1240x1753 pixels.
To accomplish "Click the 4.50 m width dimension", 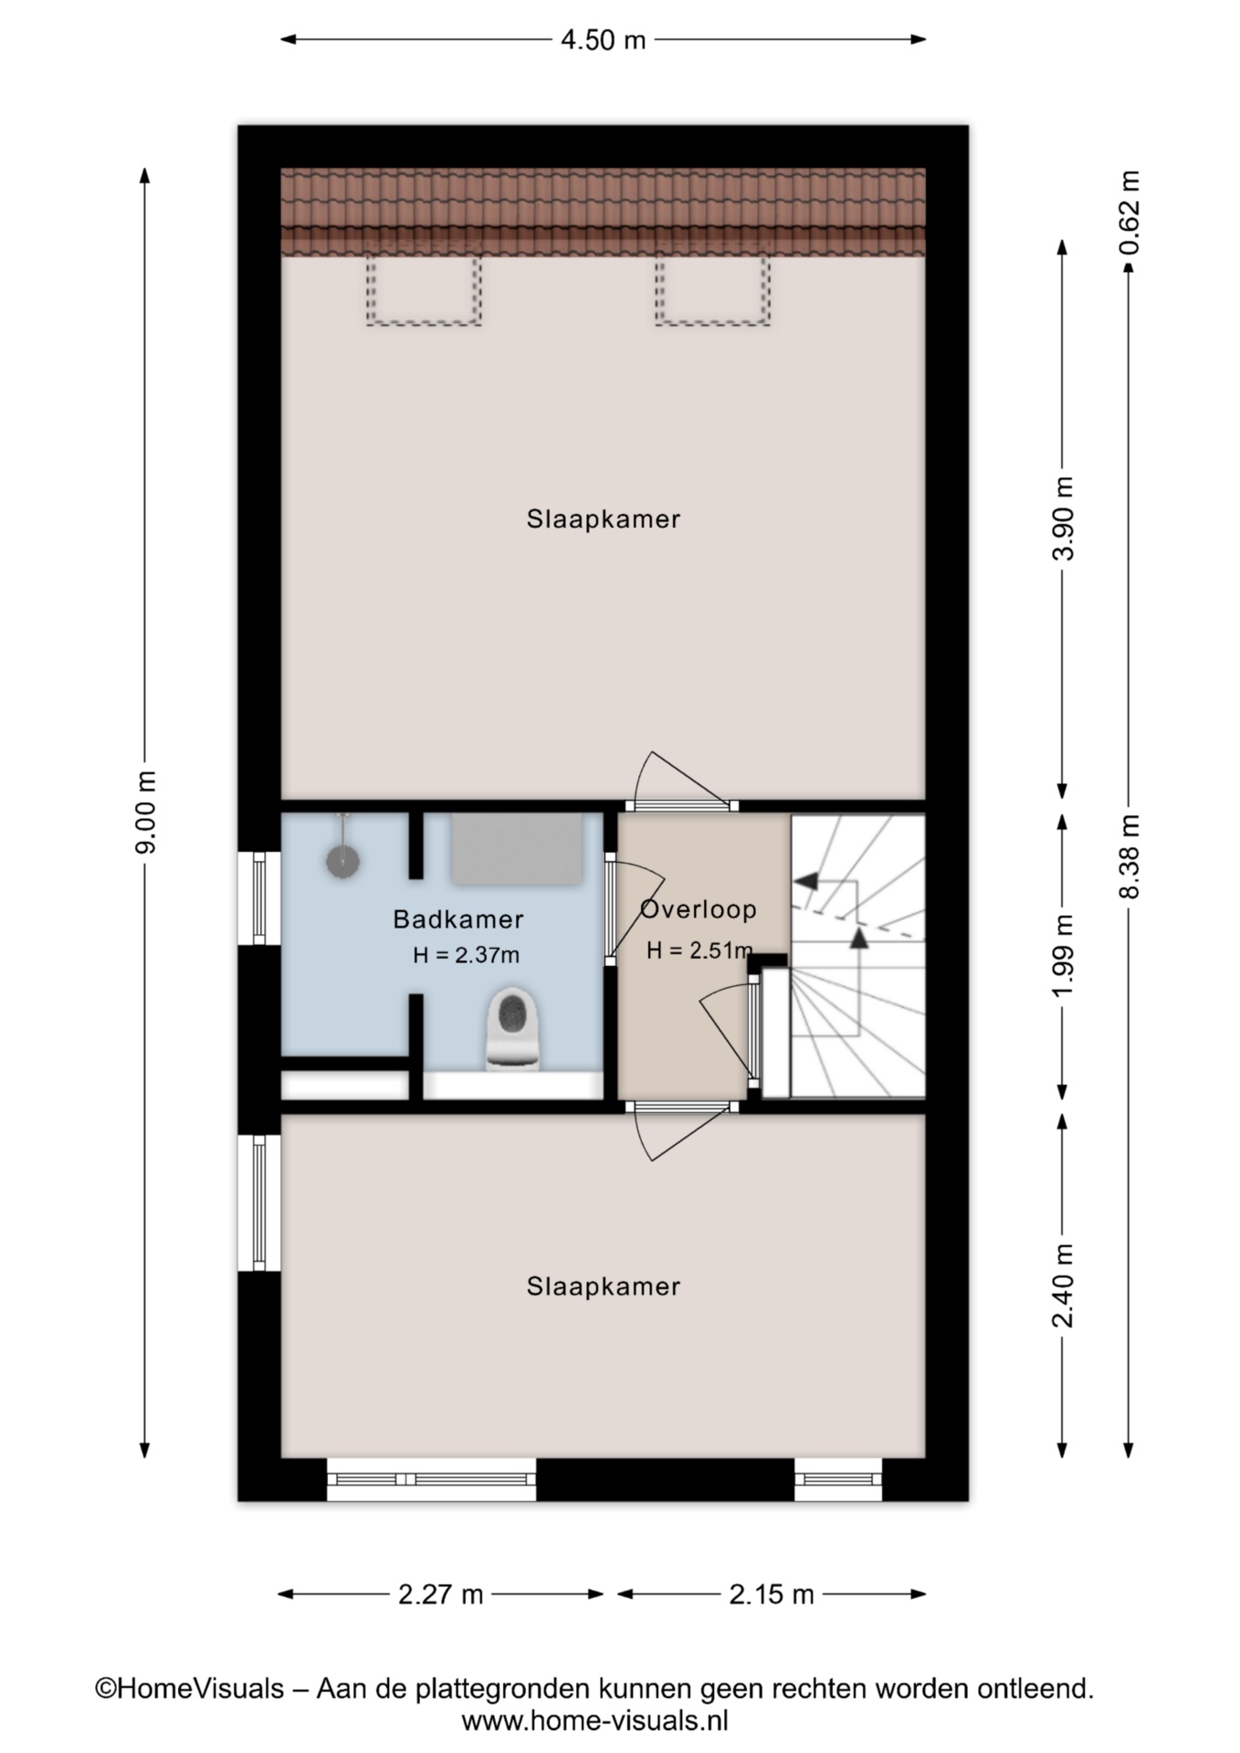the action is pos(603,40).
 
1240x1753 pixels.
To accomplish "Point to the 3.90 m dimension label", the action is pos(1064,518).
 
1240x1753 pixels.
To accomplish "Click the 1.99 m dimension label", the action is pos(1064,956).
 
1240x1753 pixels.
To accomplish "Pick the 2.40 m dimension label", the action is pos(1064,1286).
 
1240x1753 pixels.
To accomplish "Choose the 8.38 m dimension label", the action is pos(1130,856).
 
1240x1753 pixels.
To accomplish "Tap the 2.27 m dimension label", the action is pos(440,1594).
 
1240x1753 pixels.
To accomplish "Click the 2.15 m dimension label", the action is pos(771,1594).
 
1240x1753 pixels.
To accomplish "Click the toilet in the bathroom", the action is pos(514,1028).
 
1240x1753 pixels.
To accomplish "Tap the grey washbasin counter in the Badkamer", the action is pos(517,849).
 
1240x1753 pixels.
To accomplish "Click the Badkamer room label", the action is pos(458,918).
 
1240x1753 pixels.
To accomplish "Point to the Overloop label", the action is pos(699,909).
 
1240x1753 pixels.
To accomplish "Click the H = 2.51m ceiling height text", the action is pos(700,950).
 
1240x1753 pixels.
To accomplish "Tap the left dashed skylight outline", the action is pos(424,323).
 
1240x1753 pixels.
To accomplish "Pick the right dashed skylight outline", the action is pos(712,323).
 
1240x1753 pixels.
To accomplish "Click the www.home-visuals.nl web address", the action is pos(594,1721).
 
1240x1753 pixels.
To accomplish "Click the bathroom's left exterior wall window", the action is pos(259,897).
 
